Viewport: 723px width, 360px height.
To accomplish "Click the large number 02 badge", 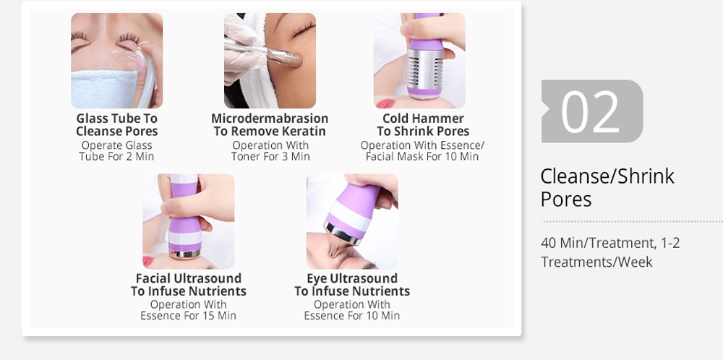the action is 592,111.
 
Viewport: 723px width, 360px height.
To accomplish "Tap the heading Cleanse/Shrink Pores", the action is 607,188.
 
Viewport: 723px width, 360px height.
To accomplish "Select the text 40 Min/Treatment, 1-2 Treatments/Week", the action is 610,252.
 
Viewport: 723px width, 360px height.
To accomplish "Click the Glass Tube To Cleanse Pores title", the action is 116,125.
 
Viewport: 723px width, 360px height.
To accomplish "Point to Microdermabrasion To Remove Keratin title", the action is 270,125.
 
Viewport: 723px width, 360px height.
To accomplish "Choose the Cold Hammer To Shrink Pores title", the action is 423,125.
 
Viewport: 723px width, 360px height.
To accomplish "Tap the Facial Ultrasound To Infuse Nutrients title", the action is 188,285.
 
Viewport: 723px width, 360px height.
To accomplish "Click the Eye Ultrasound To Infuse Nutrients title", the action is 352,285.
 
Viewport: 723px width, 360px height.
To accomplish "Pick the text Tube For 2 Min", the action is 116,157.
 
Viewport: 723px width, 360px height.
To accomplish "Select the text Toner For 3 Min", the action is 270,157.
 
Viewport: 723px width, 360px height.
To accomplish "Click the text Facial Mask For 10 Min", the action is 422,157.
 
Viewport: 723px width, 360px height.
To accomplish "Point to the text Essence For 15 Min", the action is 188,316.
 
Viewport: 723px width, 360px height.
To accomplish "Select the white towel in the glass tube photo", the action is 105,89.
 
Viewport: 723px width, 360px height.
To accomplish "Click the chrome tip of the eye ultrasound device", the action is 342,233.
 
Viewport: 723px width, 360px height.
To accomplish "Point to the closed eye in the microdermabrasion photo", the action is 303,30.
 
